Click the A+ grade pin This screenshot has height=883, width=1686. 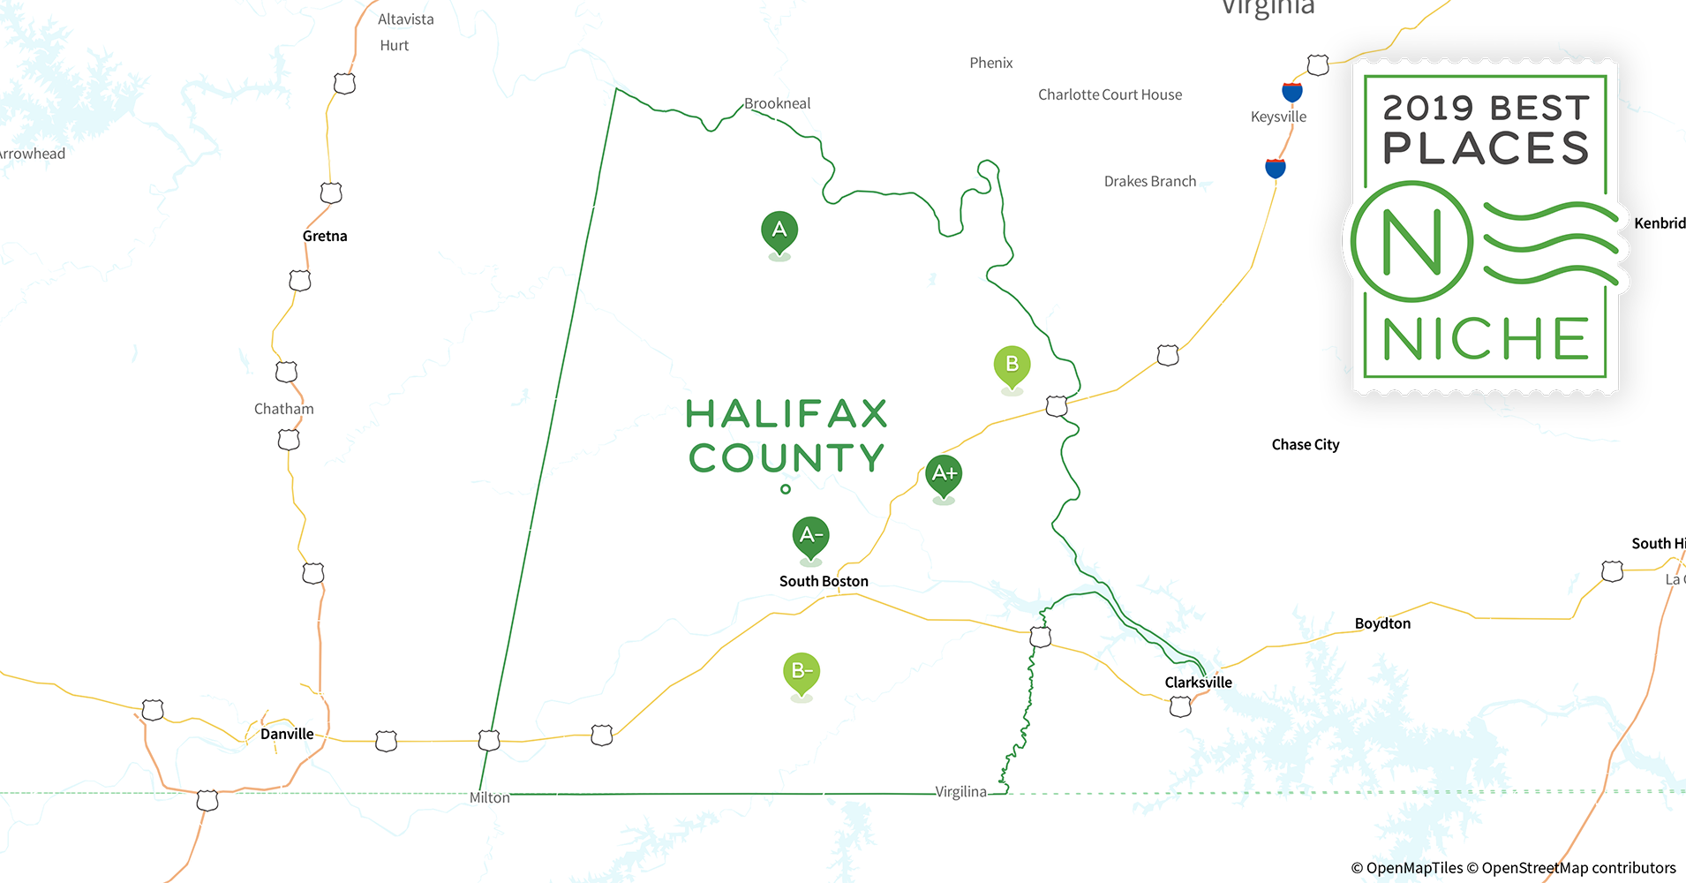click(x=944, y=474)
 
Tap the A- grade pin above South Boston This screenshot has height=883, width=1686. click(x=810, y=535)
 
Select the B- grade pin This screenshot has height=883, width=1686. click(x=802, y=672)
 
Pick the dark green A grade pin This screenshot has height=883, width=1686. click(x=779, y=231)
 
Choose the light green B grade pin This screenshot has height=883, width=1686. click(x=1012, y=365)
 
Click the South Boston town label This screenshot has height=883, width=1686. click(x=824, y=581)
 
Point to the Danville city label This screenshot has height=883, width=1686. click(x=287, y=734)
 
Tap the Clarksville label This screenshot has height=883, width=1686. click(x=1198, y=683)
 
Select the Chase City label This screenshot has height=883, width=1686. click(x=1305, y=445)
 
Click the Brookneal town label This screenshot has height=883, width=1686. click(x=777, y=103)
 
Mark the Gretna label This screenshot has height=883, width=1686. click(x=325, y=236)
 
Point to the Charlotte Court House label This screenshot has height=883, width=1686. click(x=1110, y=94)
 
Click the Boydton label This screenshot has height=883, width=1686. click(x=1382, y=623)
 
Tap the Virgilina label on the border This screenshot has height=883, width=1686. click(x=960, y=792)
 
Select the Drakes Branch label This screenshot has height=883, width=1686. click(x=1150, y=181)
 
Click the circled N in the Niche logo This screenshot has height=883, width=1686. click(x=1411, y=241)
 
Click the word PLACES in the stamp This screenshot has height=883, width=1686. click(x=1486, y=148)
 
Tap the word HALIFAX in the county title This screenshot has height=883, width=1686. click(x=787, y=414)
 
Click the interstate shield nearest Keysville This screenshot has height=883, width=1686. click(x=1291, y=91)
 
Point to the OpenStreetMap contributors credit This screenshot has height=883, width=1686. click(x=1578, y=868)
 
